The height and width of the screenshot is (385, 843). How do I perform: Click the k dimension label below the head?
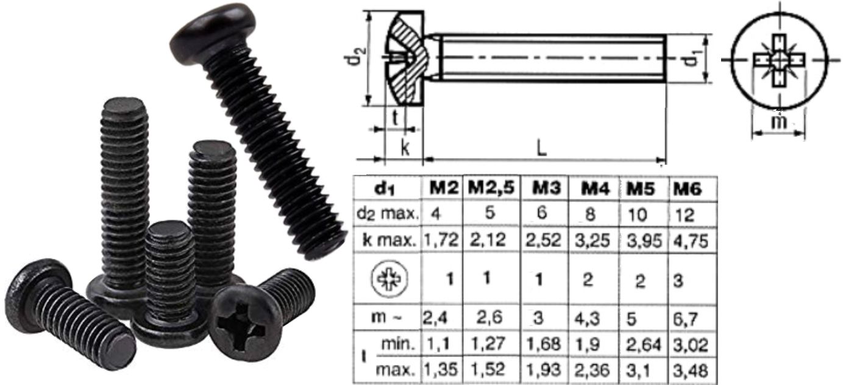pyautogui.click(x=404, y=148)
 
